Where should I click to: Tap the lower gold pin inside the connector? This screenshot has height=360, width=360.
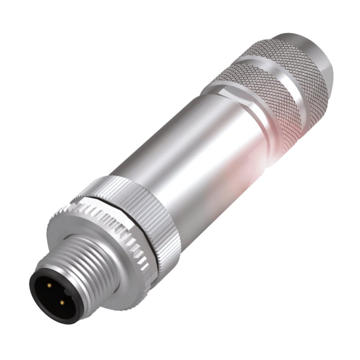(x=61, y=302)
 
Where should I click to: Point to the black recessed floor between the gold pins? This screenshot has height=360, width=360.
(x=53, y=295)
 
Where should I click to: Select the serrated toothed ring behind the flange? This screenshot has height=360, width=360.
(x=112, y=234)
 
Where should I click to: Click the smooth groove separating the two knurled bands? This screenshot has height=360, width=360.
(x=270, y=67)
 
